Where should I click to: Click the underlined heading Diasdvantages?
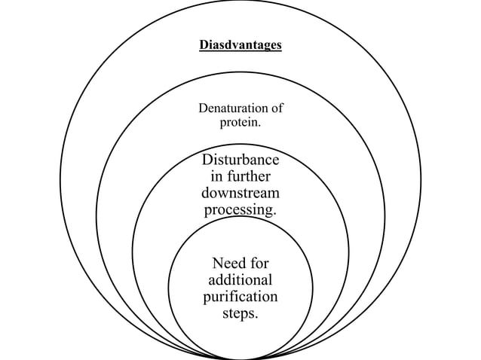coord(240,45)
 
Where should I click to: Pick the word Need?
coord(228,263)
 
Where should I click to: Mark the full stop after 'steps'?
coord(257,316)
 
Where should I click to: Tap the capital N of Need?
coord(219,263)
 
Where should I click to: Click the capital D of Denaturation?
coord(203,108)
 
